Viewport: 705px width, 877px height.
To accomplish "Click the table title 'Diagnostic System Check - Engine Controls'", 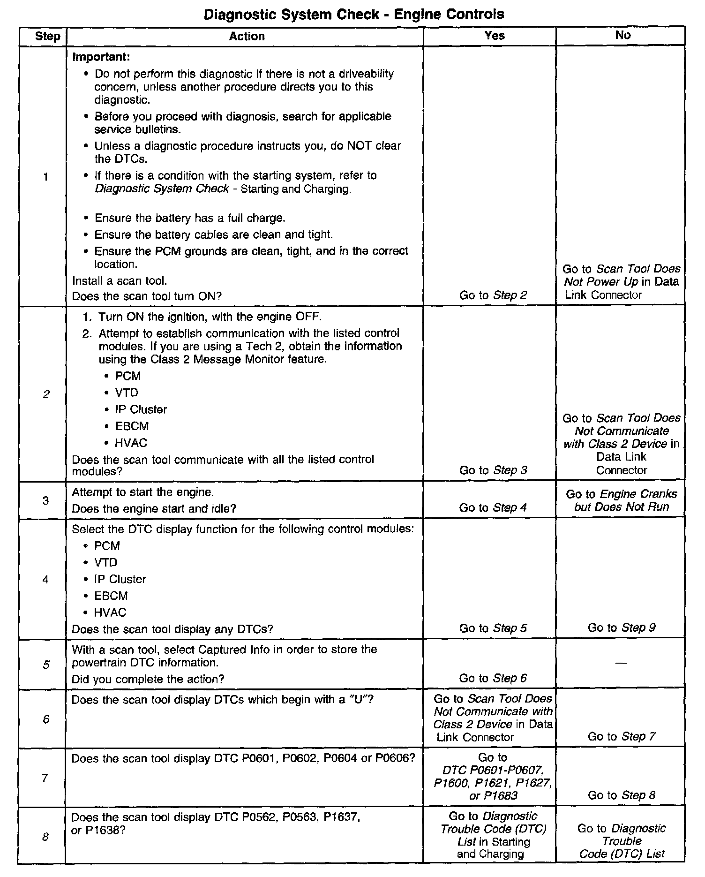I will tap(354, 15).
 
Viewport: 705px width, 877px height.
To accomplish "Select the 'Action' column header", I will tap(247, 37).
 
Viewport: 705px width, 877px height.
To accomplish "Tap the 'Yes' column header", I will tap(494, 36).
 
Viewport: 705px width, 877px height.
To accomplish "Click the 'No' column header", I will tap(622, 35).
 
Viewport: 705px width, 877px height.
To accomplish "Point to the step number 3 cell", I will tap(45, 500).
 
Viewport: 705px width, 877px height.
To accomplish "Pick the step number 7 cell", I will tap(45, 778).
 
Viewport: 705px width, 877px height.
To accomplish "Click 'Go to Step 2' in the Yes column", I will tap(493, 295).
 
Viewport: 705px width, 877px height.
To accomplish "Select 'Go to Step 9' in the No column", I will tap(622, 628).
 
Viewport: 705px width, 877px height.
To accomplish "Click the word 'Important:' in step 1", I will tap(101, 57).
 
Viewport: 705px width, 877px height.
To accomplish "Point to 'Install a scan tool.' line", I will tap(120, 280).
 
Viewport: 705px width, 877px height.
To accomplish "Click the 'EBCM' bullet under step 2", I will tap(132, 426).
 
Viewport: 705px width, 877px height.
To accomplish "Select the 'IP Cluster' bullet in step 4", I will tap(120, 579).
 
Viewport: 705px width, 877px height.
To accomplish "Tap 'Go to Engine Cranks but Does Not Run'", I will tap(621, 500).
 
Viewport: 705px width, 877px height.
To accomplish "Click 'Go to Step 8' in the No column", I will tap(622, 795).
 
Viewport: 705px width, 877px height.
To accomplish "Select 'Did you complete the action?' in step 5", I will tap(148, 679).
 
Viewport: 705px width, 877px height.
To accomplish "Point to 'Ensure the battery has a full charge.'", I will tap(190, 218).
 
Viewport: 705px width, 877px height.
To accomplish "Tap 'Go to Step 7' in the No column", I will tap(622, 736).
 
